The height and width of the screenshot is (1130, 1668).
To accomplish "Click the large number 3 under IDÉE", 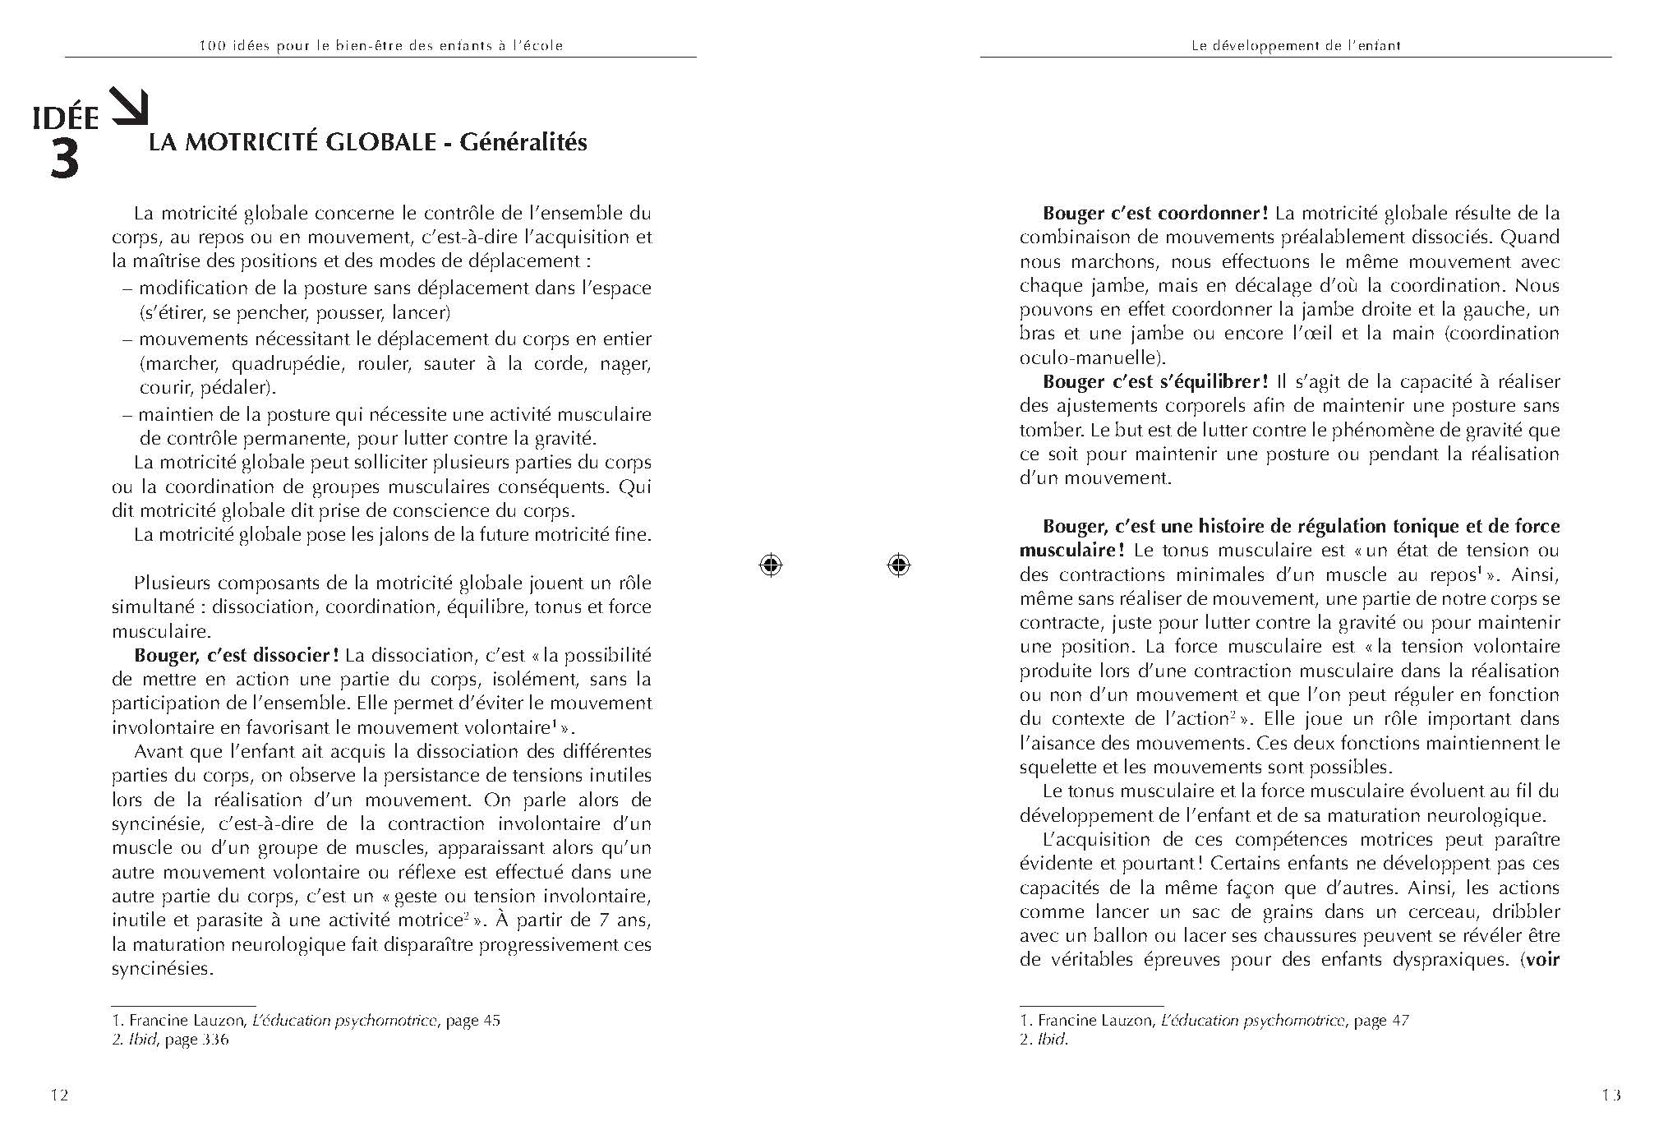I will pyautogui.click(x=64, y=161).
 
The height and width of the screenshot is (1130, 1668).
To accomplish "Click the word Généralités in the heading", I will pyautogui.click(x=523, y=142).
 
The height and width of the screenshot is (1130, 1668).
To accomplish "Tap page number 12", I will pyautogui.click(x=59, y=1095).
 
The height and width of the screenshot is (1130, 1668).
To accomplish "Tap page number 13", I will pyautogui.click(x=1610, y=1095).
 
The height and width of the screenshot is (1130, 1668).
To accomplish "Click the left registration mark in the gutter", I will pyautogui.click(x=770, y=565).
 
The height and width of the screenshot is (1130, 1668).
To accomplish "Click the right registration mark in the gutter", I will pyautogui.click(x=898, y=565).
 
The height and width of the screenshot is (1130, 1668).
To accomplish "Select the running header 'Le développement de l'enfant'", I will pyautogui.click(x=1296, y=46).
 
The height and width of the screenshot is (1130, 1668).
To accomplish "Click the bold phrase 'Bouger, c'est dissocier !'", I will pyautogui.click(x=237, y=656).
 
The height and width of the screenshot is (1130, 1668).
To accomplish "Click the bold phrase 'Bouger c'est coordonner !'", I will pyautogui.click(x=1155, y=214).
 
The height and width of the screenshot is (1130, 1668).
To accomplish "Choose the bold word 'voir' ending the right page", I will pyautogui.click(x=1542, y=960).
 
